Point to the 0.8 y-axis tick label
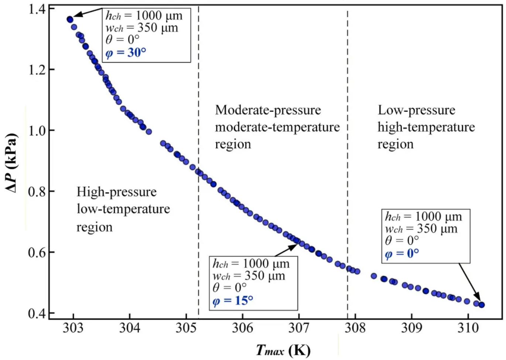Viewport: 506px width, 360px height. (x=37, y=191)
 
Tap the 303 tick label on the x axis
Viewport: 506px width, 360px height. (x=73, y=328)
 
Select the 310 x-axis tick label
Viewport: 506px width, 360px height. (x=468, y=328)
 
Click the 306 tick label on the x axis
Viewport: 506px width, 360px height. (x=242, y=328)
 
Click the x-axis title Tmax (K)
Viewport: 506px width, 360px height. (x=283, y=350)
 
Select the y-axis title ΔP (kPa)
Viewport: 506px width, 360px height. (x=11, y=163)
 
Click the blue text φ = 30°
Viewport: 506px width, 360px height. (x=126, y=53)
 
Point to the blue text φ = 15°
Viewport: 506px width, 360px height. (x=233, y=301)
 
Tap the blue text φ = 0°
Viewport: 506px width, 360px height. (x=402, y=254)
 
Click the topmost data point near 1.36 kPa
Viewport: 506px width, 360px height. (x=70, y=19)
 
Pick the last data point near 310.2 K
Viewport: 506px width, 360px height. (x=481, y=305)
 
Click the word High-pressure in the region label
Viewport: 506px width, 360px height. (x=116, y=192)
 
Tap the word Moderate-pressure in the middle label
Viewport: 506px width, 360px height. (x=268, y=110)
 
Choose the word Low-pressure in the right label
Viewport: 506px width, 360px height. (x=416, y=110)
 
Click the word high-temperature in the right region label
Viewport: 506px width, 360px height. (x=426, y=127)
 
